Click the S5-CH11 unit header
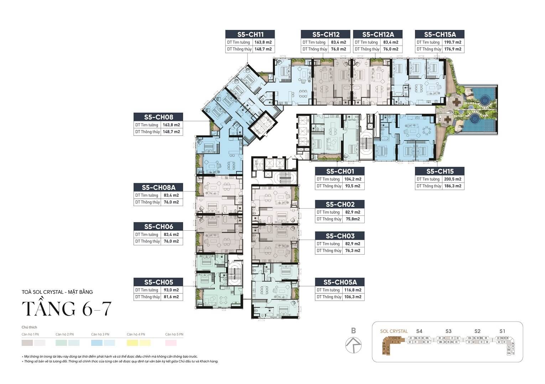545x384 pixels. (250, 34)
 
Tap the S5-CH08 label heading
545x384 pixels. (159, 117)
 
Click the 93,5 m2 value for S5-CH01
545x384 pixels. (352, 186)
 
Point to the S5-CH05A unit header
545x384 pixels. (340, 282)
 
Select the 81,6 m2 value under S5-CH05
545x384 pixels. (171, 297)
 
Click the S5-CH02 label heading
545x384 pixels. (340, 204)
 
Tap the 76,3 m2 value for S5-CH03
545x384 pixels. (352, 250)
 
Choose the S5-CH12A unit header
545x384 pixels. (378, 34)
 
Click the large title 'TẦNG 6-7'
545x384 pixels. (67, 308)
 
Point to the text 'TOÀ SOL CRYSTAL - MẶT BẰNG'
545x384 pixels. (57, 292)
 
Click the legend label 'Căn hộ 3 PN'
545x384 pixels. (100, 334)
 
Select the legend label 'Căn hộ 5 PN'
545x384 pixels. (174, 334)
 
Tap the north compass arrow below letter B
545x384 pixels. (353, 344)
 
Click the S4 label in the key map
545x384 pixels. (419, 331)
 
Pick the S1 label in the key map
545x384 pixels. (502, 331)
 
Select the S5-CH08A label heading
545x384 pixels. (159, 187)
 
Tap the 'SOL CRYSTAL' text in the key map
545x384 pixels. (394, 331)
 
